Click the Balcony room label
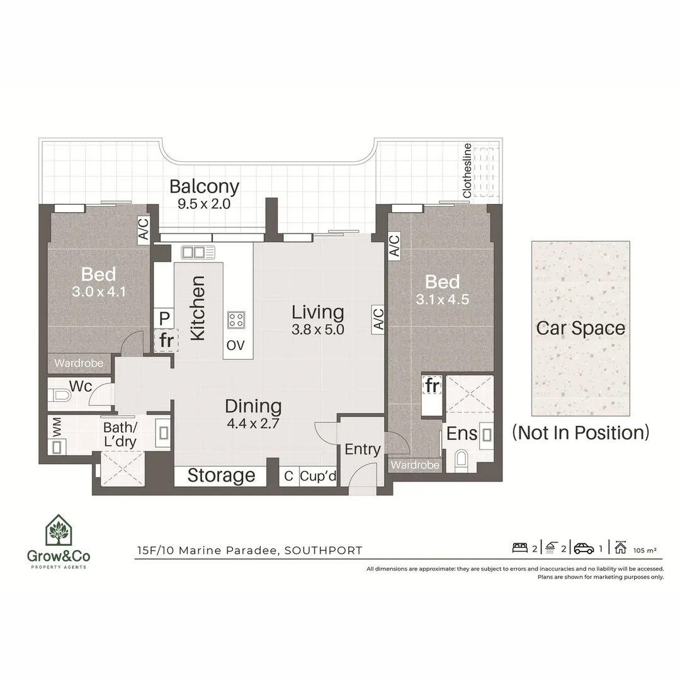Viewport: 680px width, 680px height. (205, 186)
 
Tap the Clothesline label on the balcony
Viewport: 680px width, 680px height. (467, 171)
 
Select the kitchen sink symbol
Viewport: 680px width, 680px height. (198, 252)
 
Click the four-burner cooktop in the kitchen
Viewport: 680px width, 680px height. (237, 320)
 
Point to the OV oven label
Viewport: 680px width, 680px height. (235, 345)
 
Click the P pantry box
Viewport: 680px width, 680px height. (164, 319)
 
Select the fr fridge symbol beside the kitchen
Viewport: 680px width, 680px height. (166, 341)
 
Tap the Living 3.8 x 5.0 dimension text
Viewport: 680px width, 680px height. (317, 329)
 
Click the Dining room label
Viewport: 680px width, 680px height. (253, 406)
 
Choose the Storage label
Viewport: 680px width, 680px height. (221, 475)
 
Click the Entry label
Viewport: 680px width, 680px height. (363, 449)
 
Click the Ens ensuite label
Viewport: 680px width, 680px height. (462, 434)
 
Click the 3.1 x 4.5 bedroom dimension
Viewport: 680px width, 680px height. (442, 300)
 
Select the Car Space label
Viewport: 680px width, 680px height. (581, 328)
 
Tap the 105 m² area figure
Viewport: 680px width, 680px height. (645, 550)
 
